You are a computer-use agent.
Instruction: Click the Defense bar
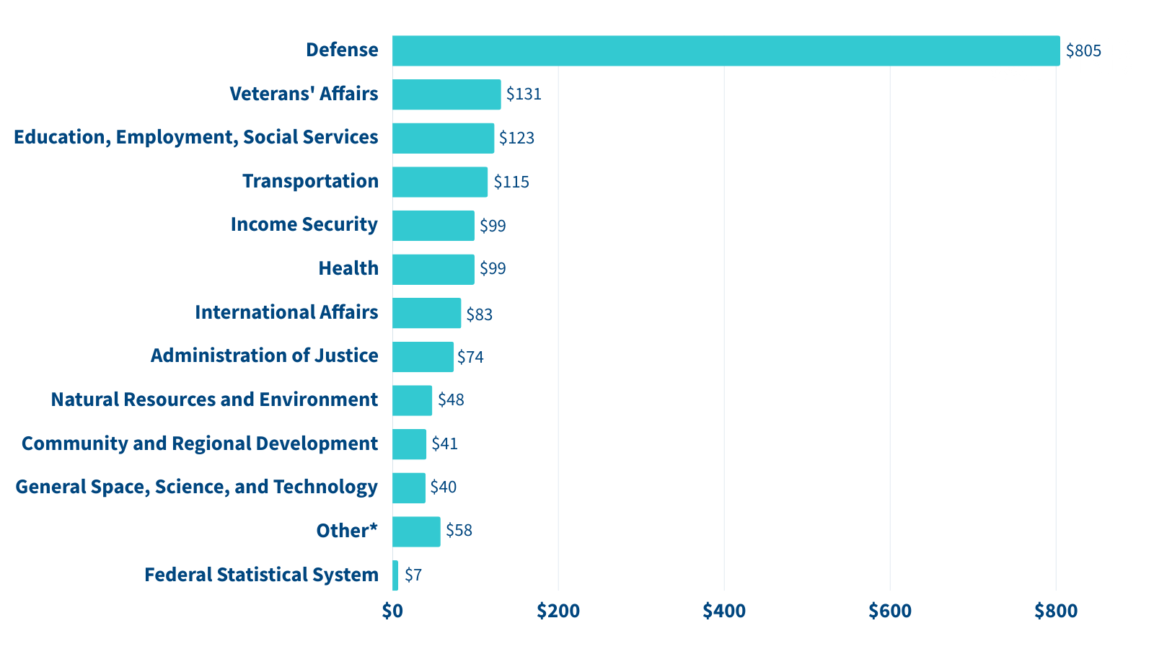tap(726, 50)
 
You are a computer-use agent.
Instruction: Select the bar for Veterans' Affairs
tap(446, 94)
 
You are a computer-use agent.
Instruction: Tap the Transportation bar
tap(440, 182)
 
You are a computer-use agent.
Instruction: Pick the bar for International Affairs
tap(426, 313)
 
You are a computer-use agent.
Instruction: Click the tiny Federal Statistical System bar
tap(395, 575)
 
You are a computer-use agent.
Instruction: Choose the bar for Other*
tap(416, 531)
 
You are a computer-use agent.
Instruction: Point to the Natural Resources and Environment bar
tap(412, 400)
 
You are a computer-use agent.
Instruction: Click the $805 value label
tap(1083, 50)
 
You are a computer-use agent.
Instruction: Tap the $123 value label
tap(516, 138)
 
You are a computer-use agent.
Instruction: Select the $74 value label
tap(470, 357)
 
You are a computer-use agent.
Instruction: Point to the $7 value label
tap(413, 575)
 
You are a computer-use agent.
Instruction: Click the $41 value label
tap(444, 443)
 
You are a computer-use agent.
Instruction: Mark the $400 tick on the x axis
tap(724, 611)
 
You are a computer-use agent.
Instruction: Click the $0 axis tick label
tap(392, 611)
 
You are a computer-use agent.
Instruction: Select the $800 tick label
tap(1056, 611)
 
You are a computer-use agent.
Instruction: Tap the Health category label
tap(348, 268)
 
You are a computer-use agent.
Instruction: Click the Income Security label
tap(304, 224)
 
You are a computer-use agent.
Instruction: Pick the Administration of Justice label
tap(264, 356)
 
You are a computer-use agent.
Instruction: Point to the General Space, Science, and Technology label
tap(196, 487)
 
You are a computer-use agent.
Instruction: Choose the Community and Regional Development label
tap(199, 443)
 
